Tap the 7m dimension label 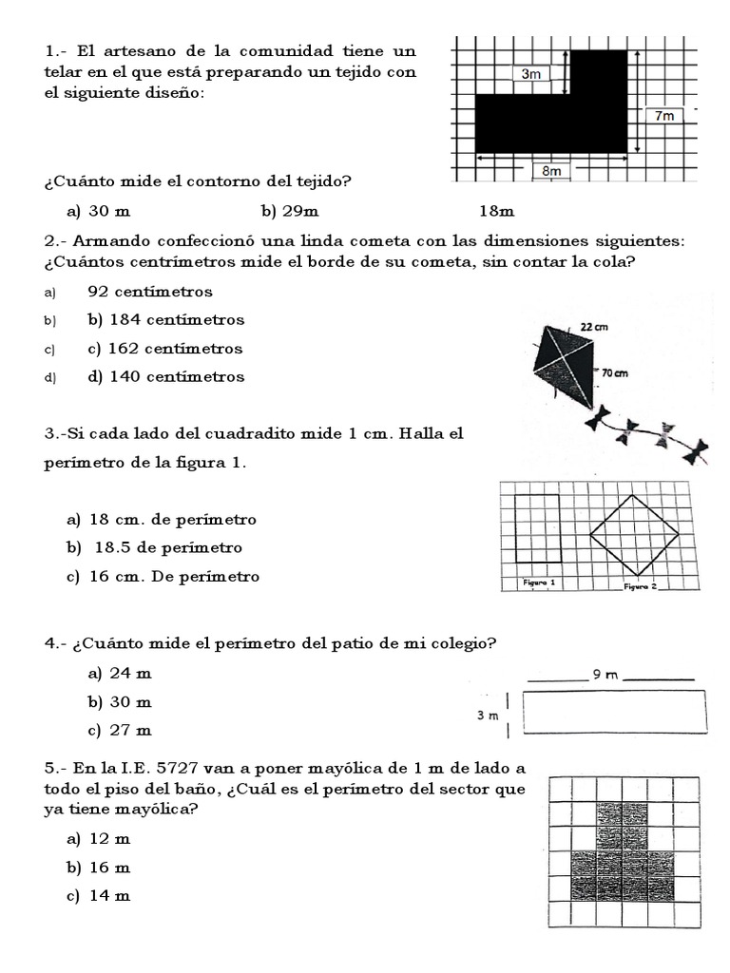664,116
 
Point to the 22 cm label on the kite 593,327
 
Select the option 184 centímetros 165,320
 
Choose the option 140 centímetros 165,376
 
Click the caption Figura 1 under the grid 539,582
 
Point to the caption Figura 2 640,586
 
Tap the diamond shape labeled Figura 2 634,535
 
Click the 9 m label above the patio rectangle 605,675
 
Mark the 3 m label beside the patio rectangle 487,715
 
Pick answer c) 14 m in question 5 98,896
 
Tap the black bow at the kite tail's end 697,452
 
